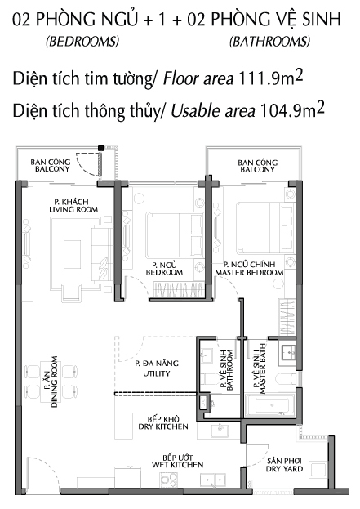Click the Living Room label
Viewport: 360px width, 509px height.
tap(73, 206)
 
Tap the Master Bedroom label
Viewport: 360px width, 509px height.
tap(249, 269)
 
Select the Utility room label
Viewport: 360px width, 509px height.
tap(157, 368)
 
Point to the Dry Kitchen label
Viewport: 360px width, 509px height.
tap(163, 422)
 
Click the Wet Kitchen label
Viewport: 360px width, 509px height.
tap(177, 462)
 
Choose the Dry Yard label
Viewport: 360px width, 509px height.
tap(284, 465)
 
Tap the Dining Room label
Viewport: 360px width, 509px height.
tap(51, 382)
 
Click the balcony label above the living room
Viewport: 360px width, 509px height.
tap(51, 165)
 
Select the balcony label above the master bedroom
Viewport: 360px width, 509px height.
tap(257, 166)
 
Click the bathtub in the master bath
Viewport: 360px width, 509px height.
tap(270, 405)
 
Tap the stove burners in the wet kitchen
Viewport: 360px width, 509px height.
tap(169, 479)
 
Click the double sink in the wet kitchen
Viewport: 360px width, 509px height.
tap(213, 480)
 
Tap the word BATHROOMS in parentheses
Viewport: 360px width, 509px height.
tap(270, 41)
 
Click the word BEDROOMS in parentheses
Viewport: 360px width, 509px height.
tap(82, 41)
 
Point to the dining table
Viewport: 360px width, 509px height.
tap(51, 382)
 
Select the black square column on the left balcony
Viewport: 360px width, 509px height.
tap(101, 148)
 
